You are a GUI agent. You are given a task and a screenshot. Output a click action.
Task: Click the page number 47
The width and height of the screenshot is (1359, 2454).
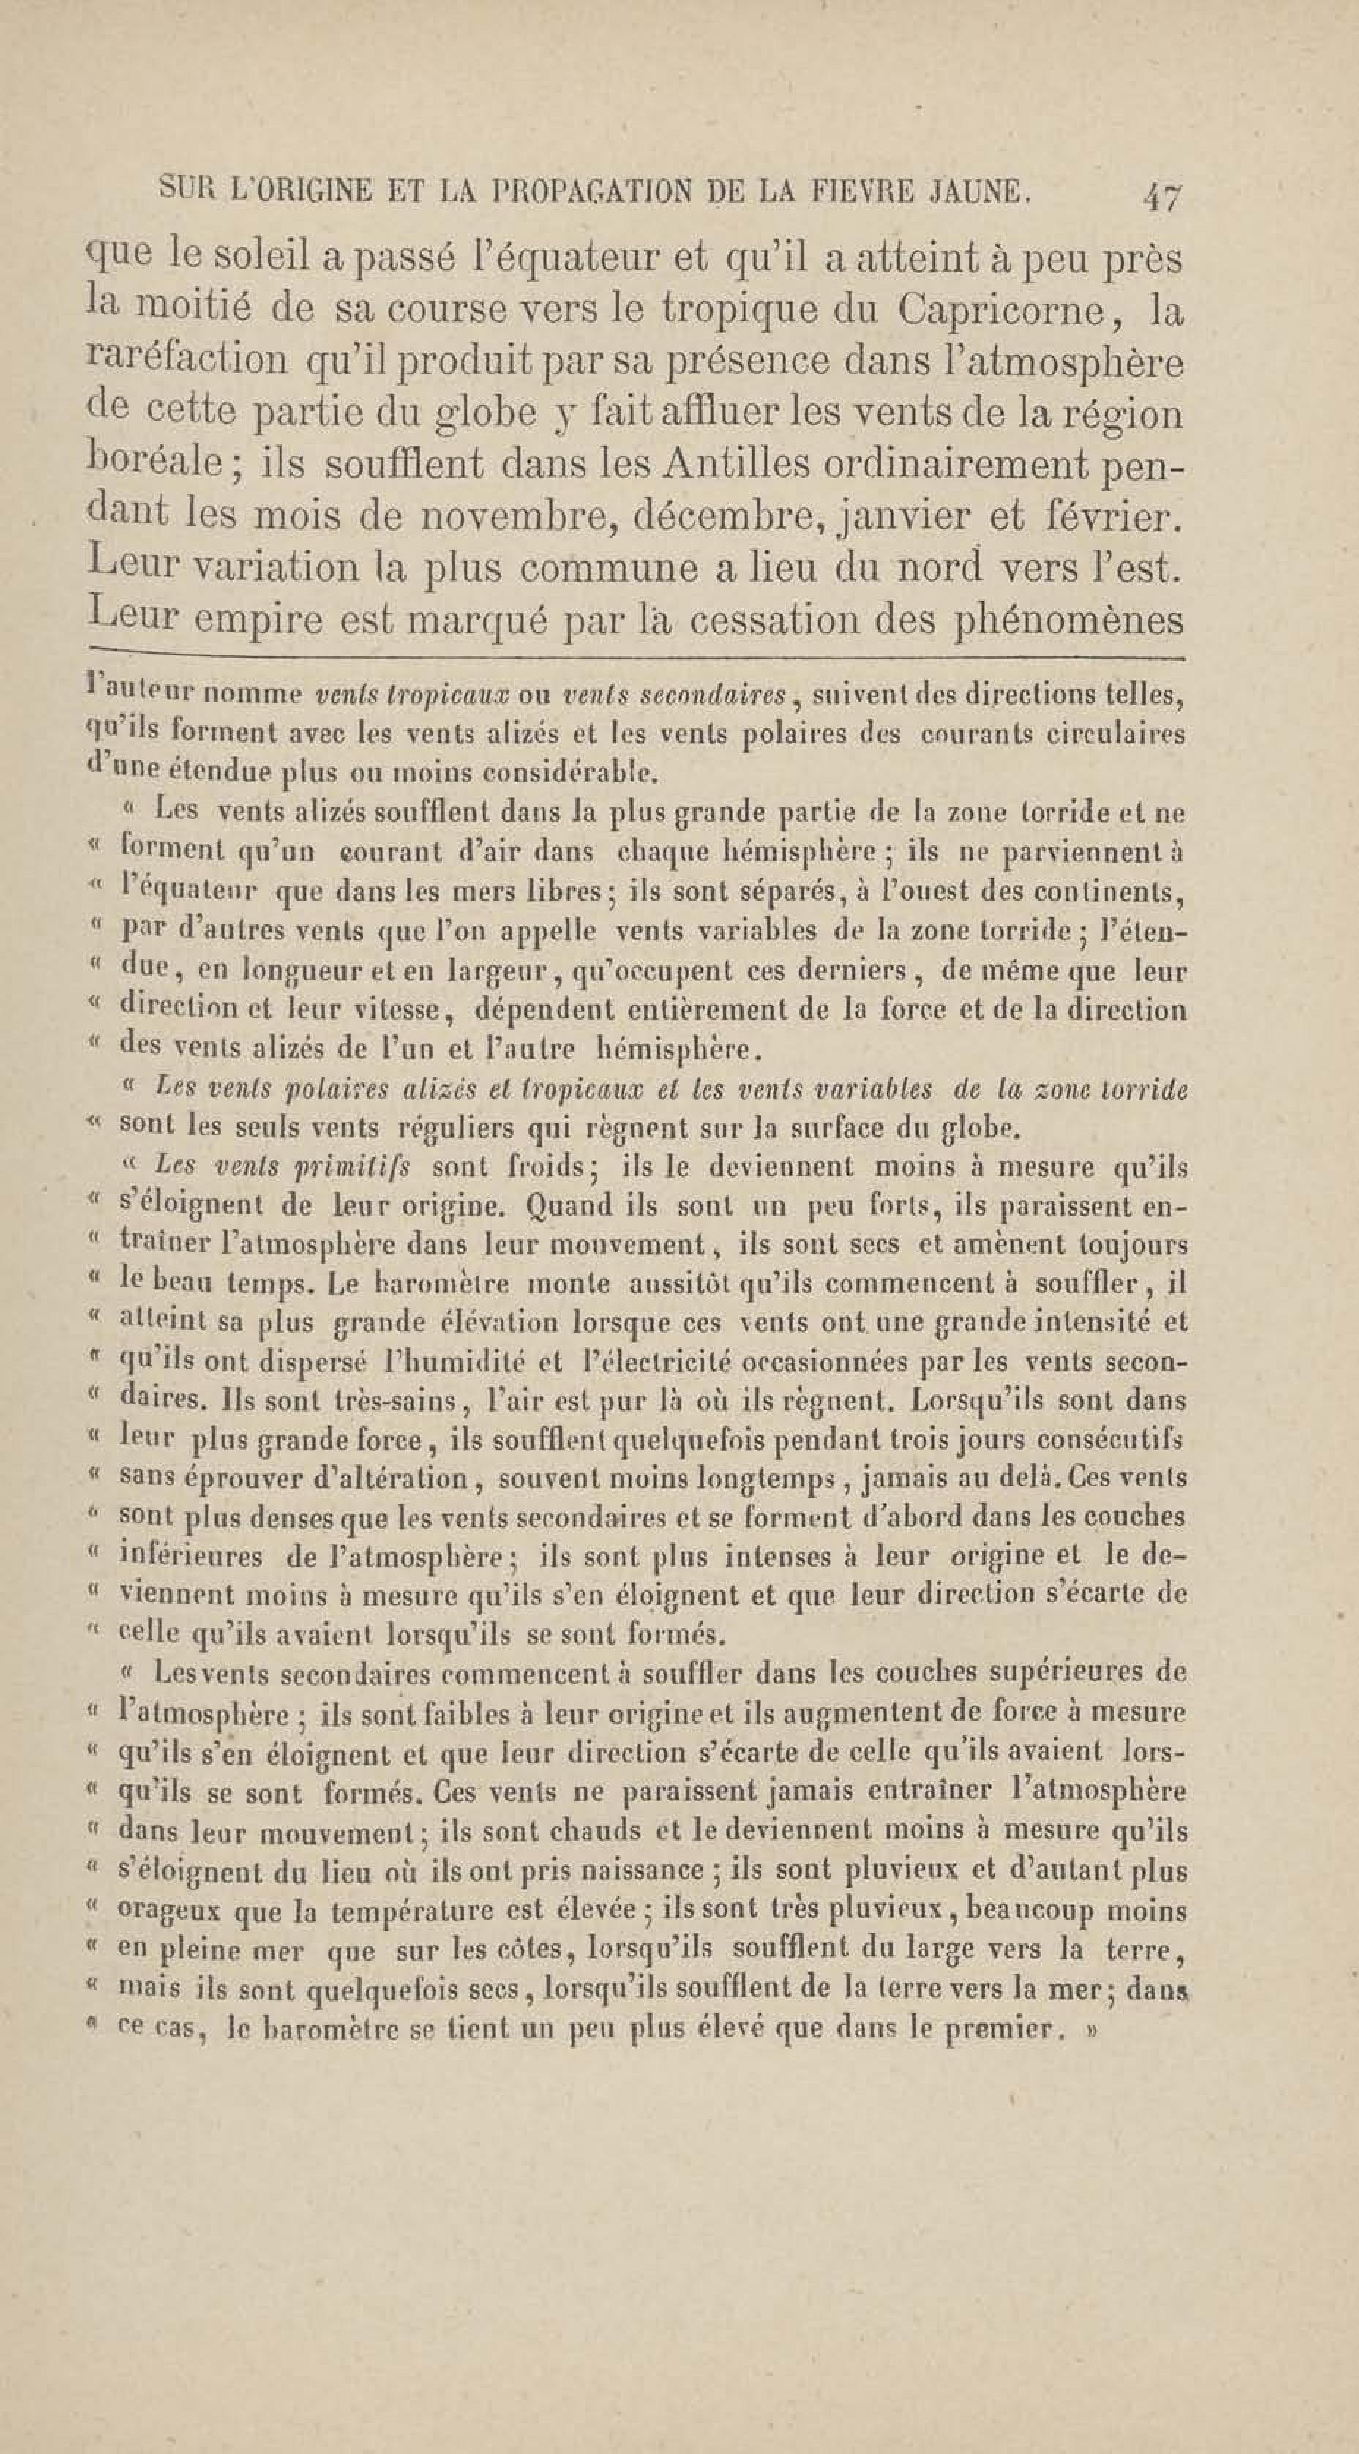[1163, 199]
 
